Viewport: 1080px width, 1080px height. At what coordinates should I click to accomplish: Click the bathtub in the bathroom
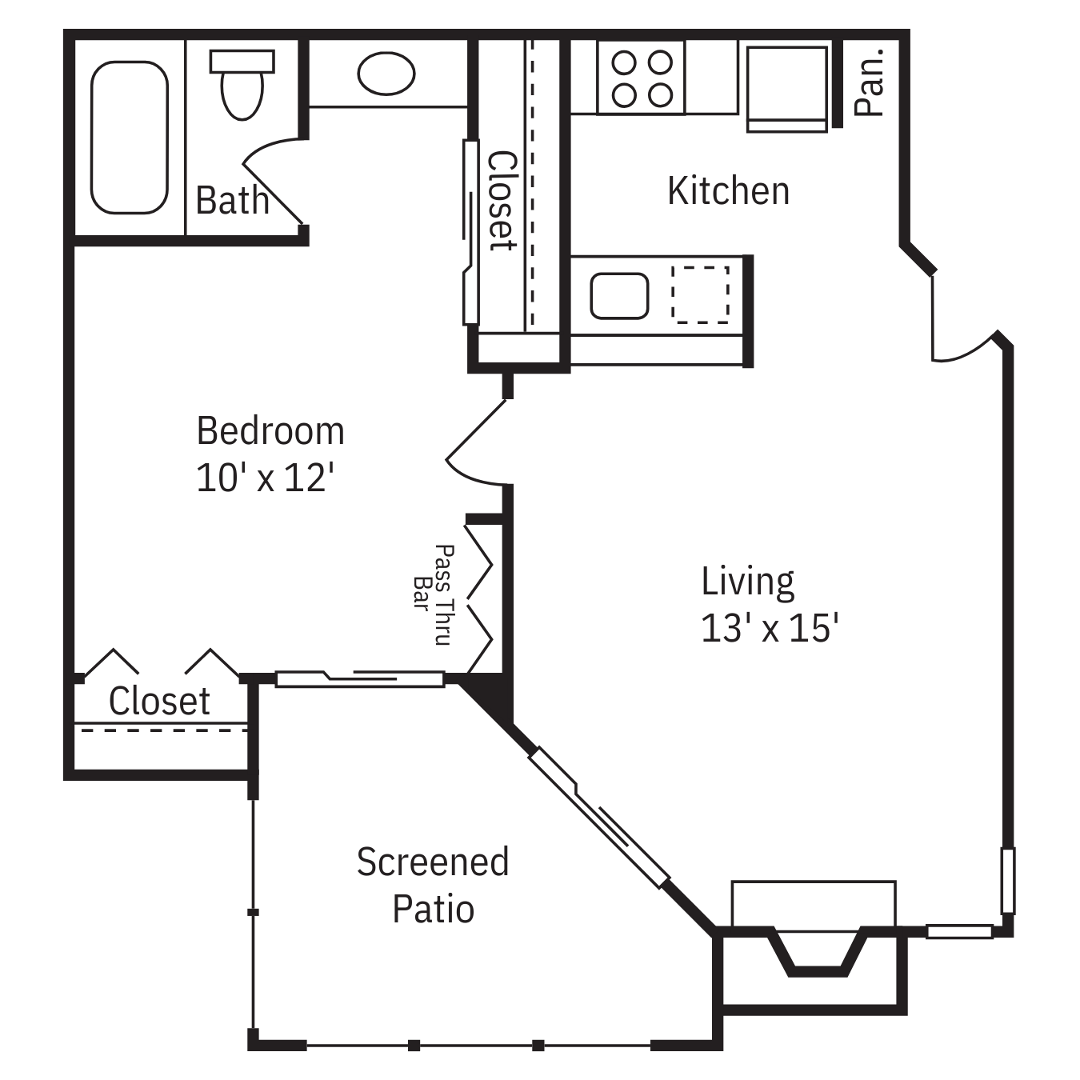130,138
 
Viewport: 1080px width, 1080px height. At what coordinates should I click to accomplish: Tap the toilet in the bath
242,84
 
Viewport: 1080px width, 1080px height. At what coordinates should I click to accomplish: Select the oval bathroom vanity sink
386,74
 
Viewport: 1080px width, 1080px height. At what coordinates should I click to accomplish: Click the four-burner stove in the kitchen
641,78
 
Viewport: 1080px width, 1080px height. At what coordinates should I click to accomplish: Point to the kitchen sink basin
619,296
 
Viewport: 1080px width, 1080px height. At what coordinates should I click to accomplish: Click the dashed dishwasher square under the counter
701,295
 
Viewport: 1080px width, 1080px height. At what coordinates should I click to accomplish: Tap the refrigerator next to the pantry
787,89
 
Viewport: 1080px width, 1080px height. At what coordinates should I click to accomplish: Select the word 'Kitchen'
728,191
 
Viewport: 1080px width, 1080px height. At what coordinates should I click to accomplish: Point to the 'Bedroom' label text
270,431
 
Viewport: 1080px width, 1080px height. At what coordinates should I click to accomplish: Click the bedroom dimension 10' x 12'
265,478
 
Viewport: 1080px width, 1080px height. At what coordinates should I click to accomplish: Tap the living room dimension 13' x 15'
770,627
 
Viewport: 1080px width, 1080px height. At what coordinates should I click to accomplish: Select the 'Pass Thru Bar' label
434,594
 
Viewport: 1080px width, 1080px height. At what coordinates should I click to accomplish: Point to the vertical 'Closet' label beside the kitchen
501,200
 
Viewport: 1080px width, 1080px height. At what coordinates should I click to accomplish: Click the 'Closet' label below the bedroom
159,701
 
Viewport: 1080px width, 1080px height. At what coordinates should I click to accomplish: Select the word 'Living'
748,582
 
